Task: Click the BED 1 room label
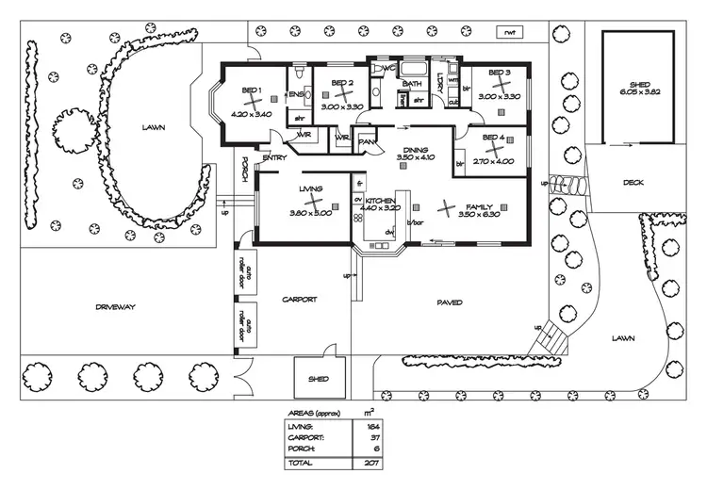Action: pos(251,90)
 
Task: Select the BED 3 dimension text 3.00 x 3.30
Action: pos(499,96)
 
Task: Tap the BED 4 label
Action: pos(494,137)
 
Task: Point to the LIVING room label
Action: pos(311,189)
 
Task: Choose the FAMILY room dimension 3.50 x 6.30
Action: pos(476,215)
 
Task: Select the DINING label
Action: pos(415,150)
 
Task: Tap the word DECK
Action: pos(633,183)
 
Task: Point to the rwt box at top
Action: pos(511,32)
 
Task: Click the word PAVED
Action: pos(449,302)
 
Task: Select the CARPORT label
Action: pos(300,300)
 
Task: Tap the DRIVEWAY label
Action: pos(116,307)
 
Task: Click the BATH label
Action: pos(412,83)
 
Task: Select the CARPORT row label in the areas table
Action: pos(305,438)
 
